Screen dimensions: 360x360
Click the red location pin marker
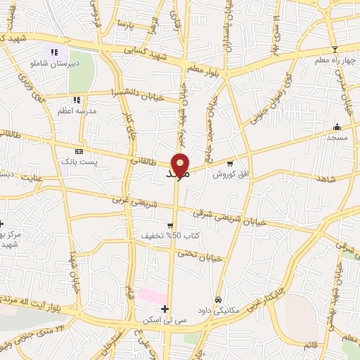tap(180, 166)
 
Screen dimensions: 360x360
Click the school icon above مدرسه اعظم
tap(77, 101)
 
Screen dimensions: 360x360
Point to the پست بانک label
tap(79, 162)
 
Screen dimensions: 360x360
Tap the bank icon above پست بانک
tap(79, 151)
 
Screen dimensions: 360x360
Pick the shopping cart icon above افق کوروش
tap(229, 163)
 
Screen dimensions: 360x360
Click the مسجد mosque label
tap(337, 138)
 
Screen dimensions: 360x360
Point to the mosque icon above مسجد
tap(337, 127)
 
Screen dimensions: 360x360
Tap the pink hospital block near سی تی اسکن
tap(152, 296)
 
